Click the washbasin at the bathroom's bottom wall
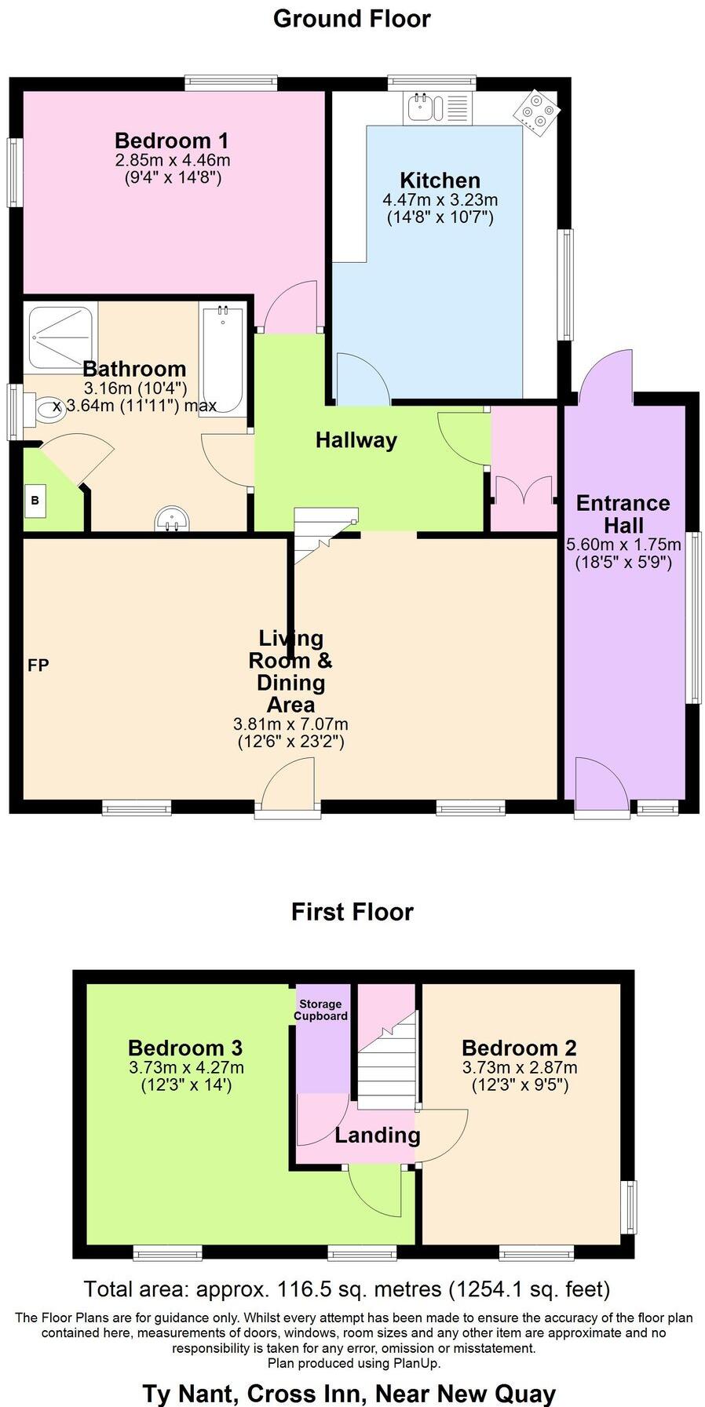click(173, 519)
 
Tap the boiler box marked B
click(35, 500)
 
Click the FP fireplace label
click(38, 665)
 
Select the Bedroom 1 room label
click(171, 141)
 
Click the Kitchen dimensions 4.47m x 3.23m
click(440, 200)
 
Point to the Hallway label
click(356, 440)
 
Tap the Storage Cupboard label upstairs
click(320, 1010)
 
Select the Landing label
click(377, 1135)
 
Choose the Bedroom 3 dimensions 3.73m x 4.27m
click(186, 1067)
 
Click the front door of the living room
click(287, 786)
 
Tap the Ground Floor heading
click(352, 18)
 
